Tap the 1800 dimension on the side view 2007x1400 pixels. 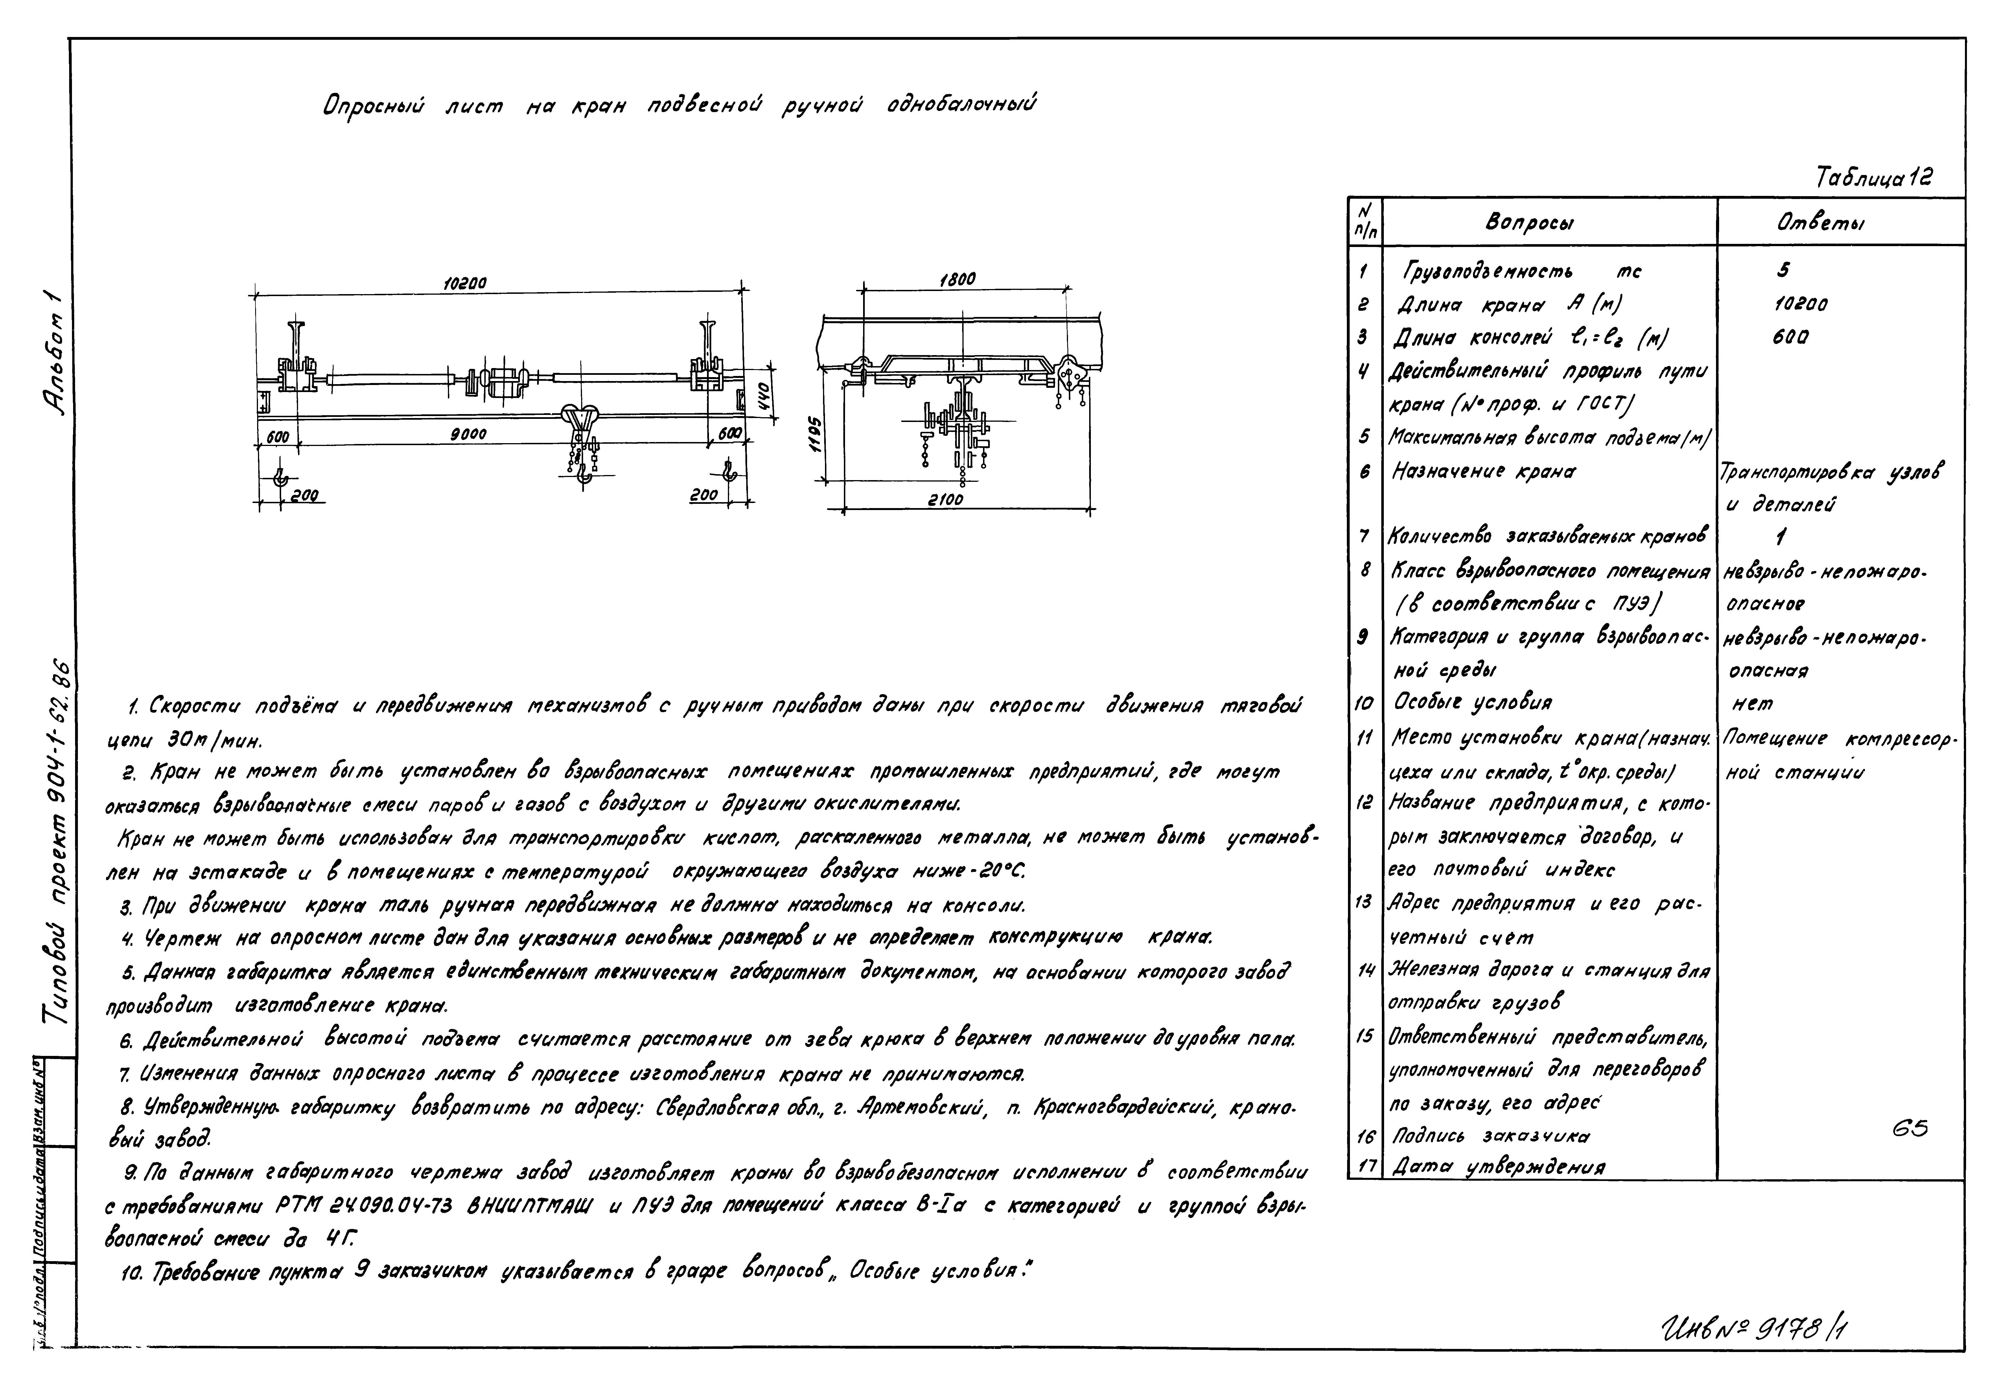pos(958,280)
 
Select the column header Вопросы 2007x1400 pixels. pos(1530,224)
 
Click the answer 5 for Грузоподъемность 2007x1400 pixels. pos(1783,271)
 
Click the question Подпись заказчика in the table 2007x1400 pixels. pos(1491,1136)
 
